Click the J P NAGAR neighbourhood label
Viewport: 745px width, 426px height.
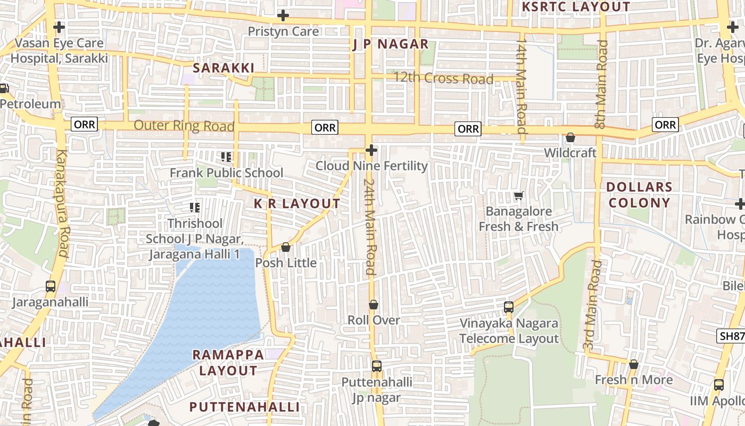coord(391,44)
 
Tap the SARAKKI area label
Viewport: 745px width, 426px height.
coord(223,68)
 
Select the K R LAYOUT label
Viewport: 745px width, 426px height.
coord(297,204)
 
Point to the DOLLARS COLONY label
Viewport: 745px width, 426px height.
coord(639,195)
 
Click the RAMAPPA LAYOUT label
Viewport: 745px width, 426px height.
coord(228,363)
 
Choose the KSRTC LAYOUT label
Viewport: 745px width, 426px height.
coord(576,7)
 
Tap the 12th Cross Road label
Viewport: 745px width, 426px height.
coord(443,79)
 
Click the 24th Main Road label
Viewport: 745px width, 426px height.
coord(370,226)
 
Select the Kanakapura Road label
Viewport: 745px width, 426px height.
coord(62,204)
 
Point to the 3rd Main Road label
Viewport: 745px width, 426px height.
coord(592,305)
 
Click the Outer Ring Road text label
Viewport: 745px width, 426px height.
coord(184,126)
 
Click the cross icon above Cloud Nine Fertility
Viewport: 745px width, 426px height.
coord(371,151)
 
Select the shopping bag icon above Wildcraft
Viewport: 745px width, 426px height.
coord(570,137)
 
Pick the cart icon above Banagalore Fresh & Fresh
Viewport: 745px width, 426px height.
coord(519,196)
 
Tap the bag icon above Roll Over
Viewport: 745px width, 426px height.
coord(374,305)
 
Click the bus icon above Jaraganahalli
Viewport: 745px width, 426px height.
coord(51,286)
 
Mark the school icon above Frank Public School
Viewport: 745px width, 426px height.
coord(226,157)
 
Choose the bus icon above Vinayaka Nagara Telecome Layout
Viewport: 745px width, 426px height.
coord(509,307)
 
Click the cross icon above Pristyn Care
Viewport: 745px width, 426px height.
coord(283,16)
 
